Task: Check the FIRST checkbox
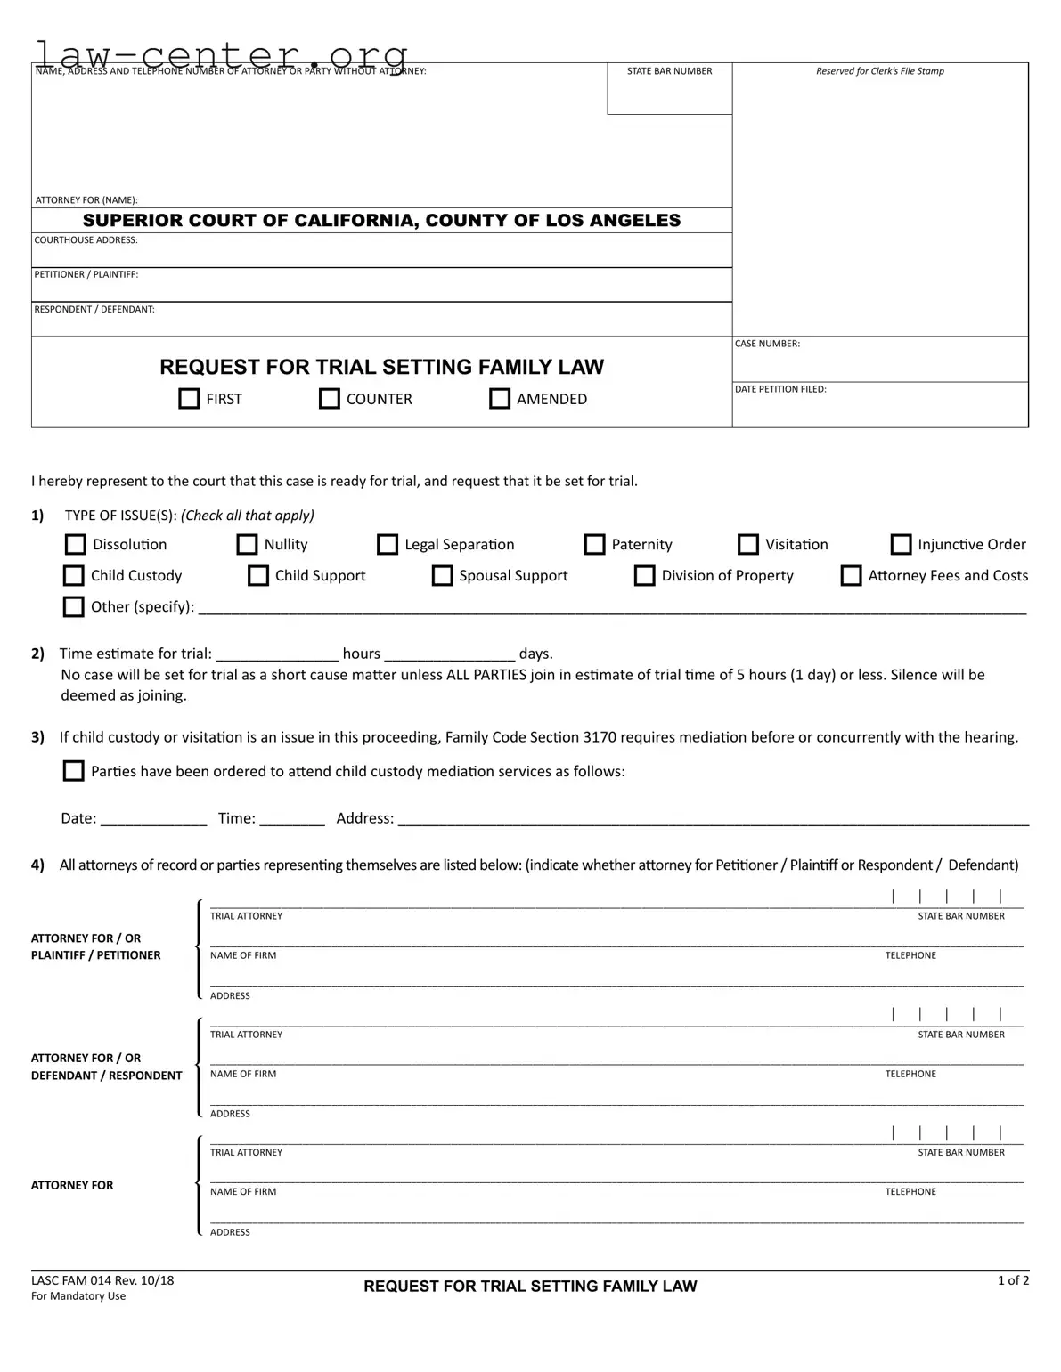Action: [189, 398]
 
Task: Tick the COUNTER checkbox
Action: [330, 398]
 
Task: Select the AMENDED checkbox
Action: [500, 398]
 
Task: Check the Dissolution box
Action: [76, 544]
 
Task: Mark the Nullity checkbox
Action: [247, 544]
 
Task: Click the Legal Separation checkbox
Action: [388, 544]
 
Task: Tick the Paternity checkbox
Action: [594, 544]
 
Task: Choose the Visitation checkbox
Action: [748, 544]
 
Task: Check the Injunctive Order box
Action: [902, 544]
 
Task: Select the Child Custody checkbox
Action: [74, 575]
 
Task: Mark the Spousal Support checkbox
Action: [442, 575]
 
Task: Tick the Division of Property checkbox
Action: [644, 575]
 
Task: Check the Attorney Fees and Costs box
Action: [852, 575]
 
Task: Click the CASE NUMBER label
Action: [767, 344]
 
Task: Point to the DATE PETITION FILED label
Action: [780, 389]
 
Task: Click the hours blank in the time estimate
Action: [277, 653]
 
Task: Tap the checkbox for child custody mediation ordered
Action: [74, 771]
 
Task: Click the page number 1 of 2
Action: [1013, 1280]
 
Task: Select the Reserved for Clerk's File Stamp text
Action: [880, 71]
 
